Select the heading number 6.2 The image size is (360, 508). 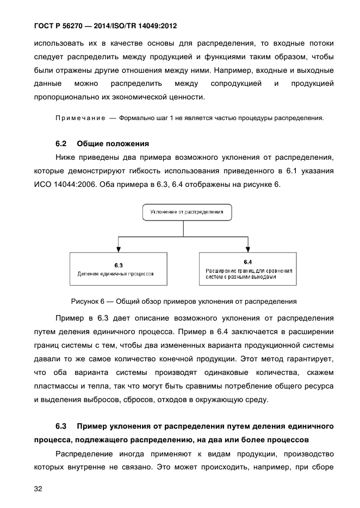(61, 144)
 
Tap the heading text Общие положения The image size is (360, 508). (113, 144)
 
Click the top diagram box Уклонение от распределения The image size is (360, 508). (183, 211)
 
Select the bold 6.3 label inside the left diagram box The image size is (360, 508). (119, 265)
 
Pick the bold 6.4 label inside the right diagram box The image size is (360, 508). (248, 261)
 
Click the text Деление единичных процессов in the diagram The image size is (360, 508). (115, 274)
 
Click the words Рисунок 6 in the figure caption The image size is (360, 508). (86, 300)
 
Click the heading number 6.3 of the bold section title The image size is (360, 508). (61, 425)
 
